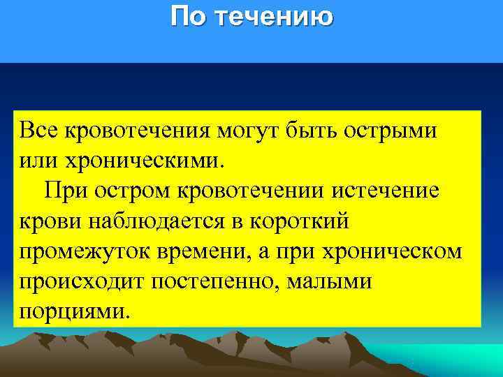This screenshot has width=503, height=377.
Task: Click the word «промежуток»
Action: click(79, 251)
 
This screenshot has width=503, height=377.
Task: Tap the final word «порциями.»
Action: click(74, 311)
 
